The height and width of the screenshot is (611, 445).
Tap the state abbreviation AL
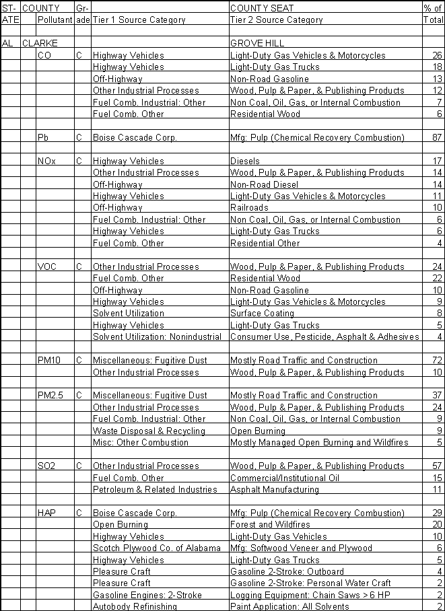point(8,43)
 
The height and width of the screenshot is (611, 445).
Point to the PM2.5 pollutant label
point(50,396)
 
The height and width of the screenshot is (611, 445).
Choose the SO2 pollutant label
point(47,466)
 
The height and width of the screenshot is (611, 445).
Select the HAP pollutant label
point(47,513)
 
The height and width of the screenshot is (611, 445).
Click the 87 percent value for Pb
point(438,137)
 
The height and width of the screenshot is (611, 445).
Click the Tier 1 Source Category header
point(139,20)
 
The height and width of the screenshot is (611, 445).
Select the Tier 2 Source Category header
point(277,20)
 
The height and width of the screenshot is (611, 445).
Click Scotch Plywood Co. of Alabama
point(156,548)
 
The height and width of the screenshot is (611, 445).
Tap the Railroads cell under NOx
point(249,208)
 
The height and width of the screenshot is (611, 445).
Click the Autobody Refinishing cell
point(135,606)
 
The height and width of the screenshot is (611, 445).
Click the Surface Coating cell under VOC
point(262,314)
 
